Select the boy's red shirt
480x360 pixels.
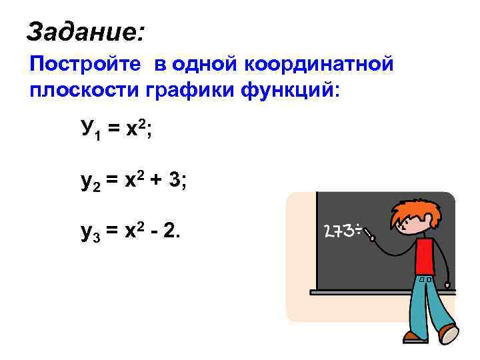coord(425,256)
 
